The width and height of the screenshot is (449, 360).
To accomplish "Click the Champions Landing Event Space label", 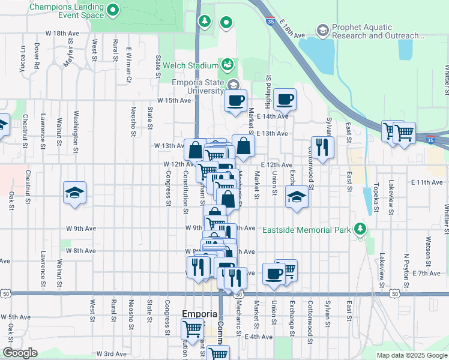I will click(x=59, y=11).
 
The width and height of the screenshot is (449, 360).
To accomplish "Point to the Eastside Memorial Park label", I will click(x=306, y=230).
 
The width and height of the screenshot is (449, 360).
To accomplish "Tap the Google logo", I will click(x=20, y=353).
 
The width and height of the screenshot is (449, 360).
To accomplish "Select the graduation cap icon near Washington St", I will click(x=74, y=193).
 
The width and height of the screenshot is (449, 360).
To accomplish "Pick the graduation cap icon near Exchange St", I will click(x=296, y=197).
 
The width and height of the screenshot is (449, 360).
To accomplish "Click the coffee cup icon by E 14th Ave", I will click(x=285, y=98).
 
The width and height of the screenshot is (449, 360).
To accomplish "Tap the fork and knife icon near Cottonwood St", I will click(x=322, y=147).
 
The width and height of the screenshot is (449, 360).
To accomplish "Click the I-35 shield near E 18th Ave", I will click(x=271, y=21).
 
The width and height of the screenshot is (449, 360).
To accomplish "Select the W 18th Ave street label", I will click(x=66, y=34).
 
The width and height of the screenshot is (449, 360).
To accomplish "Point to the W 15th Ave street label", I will click(x=173, y=100).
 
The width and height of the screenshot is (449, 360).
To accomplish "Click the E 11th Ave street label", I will click(x=426, y=182).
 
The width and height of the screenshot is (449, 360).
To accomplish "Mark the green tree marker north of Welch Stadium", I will click(x=205, y=22).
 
